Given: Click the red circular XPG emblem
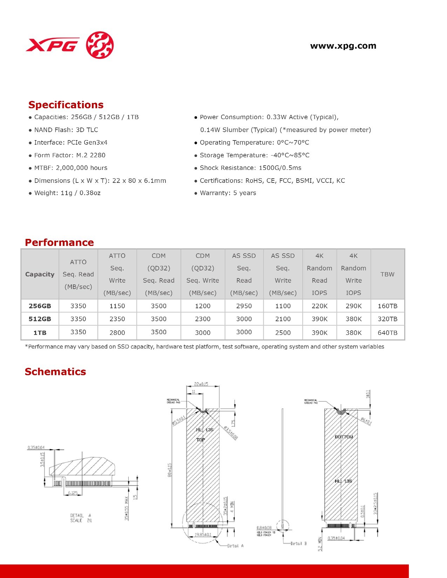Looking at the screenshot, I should click(x=100, y=45).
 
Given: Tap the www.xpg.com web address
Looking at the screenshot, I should click(x=343, y=46).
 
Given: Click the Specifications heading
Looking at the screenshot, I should click(x=66, y=105).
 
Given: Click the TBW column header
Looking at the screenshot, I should click(x=387, y=274).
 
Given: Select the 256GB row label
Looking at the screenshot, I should click(x=40, y=306).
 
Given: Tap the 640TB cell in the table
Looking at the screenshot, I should click(x=387, y=333).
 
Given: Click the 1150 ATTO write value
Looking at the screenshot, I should click(x=117, y=306).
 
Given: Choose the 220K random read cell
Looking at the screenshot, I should click(x=319, y=306).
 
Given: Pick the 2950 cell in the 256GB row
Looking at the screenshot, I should click(x=244, y=306).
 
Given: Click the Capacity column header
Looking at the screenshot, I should click(x=40, y=274).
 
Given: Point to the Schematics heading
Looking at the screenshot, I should click(x=55, y=372).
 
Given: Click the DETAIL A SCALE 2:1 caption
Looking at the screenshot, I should click(x=81, y=518).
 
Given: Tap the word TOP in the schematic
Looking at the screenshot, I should click(x=201, y=440).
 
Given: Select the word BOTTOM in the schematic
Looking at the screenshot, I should click(x=344, y=437).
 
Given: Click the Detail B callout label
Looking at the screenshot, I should click(x=299, y=543).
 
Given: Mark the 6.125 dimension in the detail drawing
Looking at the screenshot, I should click(x=73, y=493).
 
